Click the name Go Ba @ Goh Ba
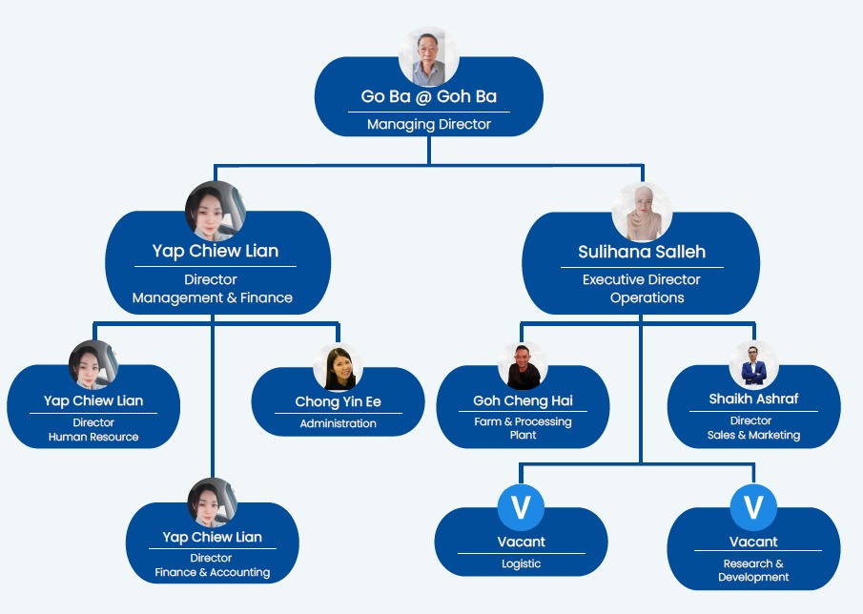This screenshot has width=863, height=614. (428, 96)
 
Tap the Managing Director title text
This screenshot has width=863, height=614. (428, 124)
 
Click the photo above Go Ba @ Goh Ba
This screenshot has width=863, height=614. (428, 57)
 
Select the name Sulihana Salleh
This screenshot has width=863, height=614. (641, 252)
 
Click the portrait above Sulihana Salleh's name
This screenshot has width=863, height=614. (641, 212)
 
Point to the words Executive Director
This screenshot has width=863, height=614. (641, 279)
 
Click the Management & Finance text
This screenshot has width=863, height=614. (213, 297)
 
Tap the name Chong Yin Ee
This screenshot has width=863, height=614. (338, 402)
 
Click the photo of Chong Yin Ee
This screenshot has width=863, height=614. (338, 367)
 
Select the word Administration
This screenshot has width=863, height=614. (338, 423)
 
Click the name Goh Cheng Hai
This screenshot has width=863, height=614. (523, 400)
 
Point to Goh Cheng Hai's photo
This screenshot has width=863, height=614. (523, 366)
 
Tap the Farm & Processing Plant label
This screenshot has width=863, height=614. (523, 428)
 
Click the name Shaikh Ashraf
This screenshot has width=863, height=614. (753, 399)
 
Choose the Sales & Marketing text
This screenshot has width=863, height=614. (753, 435)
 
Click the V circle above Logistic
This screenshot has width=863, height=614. (521, 507)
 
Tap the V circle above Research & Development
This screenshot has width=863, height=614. (753, 507)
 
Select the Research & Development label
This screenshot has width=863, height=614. (753, 570)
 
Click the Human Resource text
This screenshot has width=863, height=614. (93, 437)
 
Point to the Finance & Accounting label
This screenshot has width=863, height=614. (212, 572)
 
